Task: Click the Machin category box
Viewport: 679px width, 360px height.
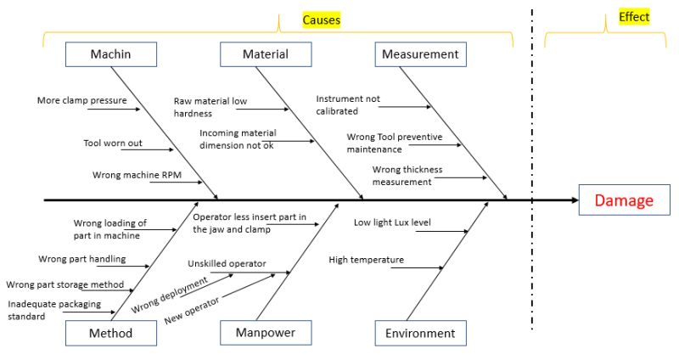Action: [x=111, y=54]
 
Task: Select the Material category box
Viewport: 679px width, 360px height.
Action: [x=266, y=54]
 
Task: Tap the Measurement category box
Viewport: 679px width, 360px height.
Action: [x=420, y=54]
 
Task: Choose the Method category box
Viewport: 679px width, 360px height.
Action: [x=111, y=333]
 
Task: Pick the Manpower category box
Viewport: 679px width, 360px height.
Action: [x=266, y=333]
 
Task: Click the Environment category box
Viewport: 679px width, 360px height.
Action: [x=420, y=333]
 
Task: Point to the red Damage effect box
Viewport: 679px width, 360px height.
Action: [x=624, y=200]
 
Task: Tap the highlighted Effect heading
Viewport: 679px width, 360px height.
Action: [x=633, y=17]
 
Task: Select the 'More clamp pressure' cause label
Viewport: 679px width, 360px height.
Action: [x=81, y=100]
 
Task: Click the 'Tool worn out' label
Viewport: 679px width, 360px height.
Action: [x=112, y=143]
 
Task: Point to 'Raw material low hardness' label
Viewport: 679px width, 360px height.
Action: [x=210, y=106]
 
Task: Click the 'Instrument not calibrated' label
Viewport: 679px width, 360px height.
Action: [x=348, y=104]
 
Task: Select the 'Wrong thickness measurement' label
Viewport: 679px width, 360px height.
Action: [x=403, y=175]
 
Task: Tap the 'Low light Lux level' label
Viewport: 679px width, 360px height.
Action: [x=392, y=222]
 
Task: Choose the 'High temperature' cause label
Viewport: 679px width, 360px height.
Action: [x=366, y=260]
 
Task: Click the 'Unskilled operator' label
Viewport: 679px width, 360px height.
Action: [x=227, y=263]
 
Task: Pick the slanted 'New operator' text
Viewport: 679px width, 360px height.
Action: [x=191, y=310]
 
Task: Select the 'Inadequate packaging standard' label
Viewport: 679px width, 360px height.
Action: [x=54, y=309]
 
